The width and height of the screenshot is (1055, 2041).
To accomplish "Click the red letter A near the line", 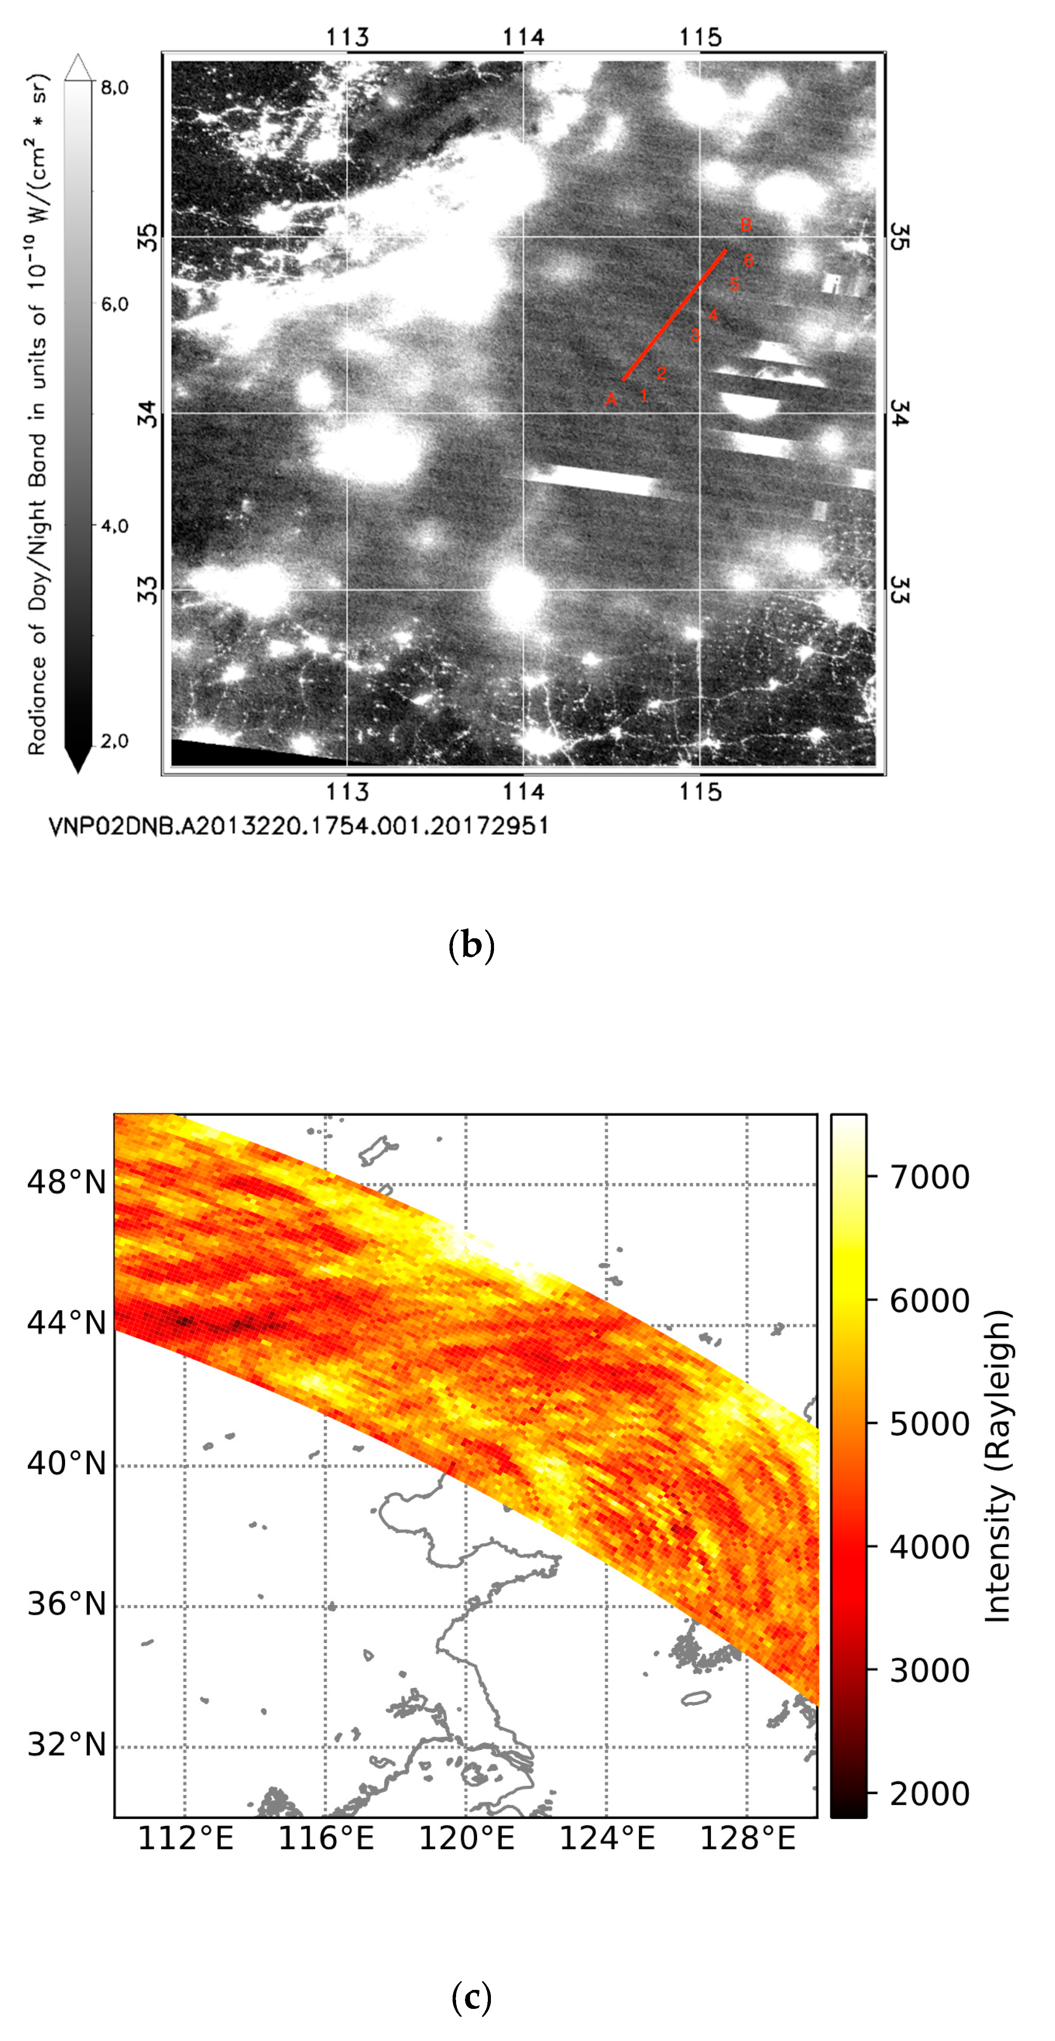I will (x=611, y=400).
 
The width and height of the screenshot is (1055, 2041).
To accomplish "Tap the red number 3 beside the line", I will (x=695, y=335).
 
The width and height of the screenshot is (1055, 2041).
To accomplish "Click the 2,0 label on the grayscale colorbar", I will (x=114, y=741).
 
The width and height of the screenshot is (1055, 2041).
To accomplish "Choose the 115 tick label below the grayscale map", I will (x=700, y=792).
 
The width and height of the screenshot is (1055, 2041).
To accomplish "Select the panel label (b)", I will (x=472, y=945).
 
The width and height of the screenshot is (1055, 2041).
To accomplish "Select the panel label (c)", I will (x=472, y=1996).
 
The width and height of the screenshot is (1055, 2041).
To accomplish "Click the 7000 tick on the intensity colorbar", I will (x=929, y=1177).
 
